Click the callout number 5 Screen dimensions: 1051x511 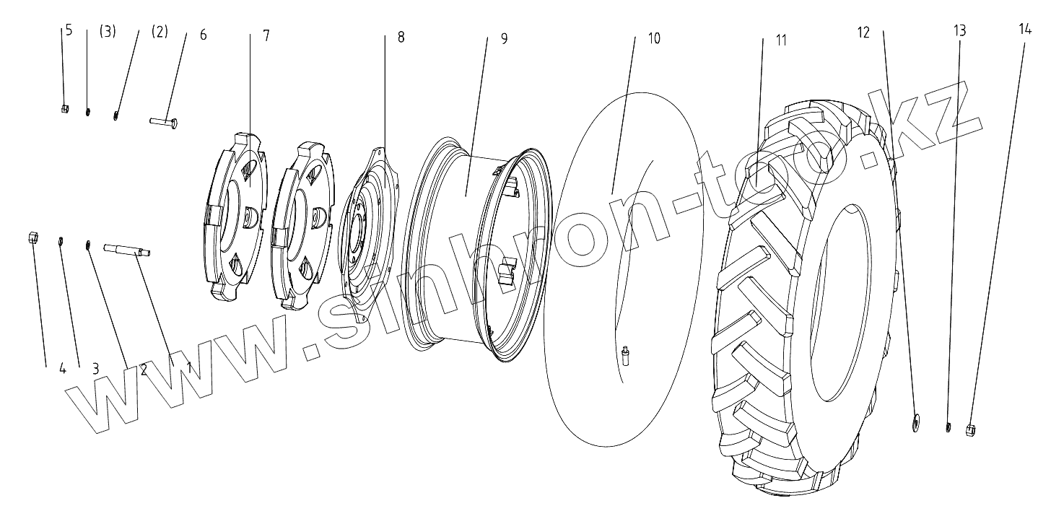tap(69, 31)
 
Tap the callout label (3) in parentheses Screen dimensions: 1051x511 tap(108, 32)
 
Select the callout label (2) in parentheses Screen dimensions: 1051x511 tap(160, 32)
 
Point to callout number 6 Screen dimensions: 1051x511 tap(203, 35)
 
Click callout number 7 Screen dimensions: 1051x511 tap(266, 35)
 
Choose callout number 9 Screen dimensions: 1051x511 tap(504, 38)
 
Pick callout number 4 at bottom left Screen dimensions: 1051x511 tap(63, 369)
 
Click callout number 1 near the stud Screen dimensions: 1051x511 tap(189, 367)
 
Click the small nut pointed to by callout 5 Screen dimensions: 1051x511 tap(65, 109)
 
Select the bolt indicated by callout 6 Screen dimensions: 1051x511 tap(164, 122)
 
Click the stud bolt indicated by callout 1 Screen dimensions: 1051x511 tap(128, 250)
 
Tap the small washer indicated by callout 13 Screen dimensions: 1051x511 tap(948, 427)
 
